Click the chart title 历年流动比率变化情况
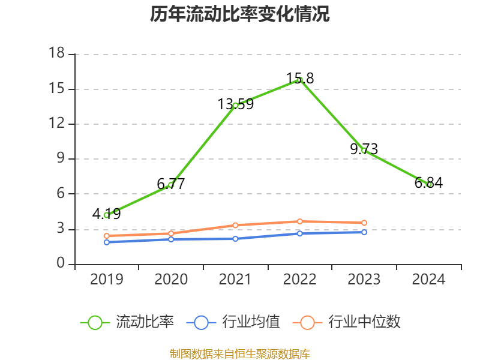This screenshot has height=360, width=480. coord(240,14)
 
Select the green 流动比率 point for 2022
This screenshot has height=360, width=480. coord(299,79)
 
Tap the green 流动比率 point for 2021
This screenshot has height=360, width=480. coord(235,105)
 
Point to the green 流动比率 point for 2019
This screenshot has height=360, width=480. coord(106,215)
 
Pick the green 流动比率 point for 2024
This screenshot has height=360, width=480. coord(428,184)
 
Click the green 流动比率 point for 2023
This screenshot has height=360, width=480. coord(364,151)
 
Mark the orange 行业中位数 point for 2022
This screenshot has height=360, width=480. coord(299,221)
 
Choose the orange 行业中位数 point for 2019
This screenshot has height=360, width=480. coord(106,236)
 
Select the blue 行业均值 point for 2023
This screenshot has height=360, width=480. coord(364,232)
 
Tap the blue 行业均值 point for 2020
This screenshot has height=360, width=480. coord(170,239)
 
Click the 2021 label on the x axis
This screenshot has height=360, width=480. coord(235,280)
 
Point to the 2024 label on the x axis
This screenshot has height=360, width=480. coord(428,280)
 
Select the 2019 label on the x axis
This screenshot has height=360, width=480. coord(106,280)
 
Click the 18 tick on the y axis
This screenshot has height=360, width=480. coord(56,54)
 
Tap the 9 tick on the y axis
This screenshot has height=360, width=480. coord(61,159)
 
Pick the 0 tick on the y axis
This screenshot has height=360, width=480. coord(61,264)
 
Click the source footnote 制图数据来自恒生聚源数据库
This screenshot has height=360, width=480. coord(240,353)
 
